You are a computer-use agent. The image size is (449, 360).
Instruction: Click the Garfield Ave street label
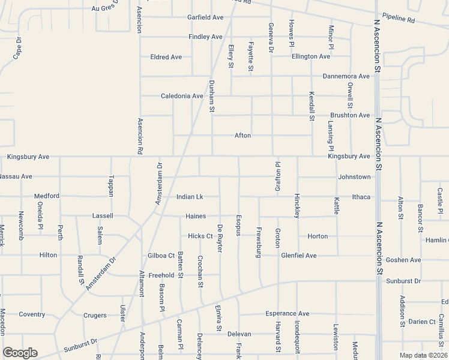coord(205,18)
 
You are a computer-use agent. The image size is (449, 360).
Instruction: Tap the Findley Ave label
coord(205,37)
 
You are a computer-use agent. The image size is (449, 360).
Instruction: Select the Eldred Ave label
coord(166,57)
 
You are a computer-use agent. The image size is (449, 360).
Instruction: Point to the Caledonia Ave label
coord(182,96)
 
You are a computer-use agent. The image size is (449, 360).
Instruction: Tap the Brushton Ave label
coord(350,115)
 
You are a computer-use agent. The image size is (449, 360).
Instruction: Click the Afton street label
coord(243,136)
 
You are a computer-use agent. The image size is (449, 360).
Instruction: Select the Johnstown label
coord(354,177)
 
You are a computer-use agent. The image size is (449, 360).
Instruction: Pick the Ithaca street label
coord(361,197)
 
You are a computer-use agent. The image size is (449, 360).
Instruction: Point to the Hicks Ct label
coord(200,236)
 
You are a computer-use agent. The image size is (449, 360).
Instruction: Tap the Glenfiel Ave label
coord(298,256)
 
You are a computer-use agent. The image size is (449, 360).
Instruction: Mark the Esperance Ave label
coord(287,314)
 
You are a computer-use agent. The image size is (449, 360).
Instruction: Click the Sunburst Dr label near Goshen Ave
coord(403,281)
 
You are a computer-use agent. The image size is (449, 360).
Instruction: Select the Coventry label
coord(32,314)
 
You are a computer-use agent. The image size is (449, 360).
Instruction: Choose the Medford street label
coord(46,196)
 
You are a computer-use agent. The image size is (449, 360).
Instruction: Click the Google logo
coord(20,353)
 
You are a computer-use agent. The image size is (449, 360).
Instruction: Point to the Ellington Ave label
coord(311,56)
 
